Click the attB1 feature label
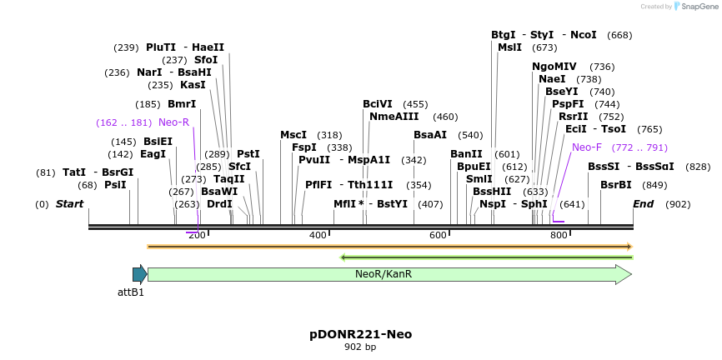(131, 292)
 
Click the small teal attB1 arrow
(139, 274)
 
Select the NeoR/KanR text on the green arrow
(384, 274)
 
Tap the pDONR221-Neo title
(360, 334)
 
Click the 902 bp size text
(360, 347)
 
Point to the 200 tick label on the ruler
(197, 236)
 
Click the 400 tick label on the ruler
(318, 236)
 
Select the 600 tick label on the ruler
(439, 236)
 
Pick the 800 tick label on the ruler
(559, 236)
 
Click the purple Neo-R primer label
(174, 122)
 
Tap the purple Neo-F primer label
(587, 147)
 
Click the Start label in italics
(69, 204)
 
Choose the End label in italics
(643, 204)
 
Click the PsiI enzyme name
(115, 185)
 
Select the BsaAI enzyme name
(430, 135)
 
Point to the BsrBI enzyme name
(615, 185)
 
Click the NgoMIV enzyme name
(554, 67)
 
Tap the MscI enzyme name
(293, 135)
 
